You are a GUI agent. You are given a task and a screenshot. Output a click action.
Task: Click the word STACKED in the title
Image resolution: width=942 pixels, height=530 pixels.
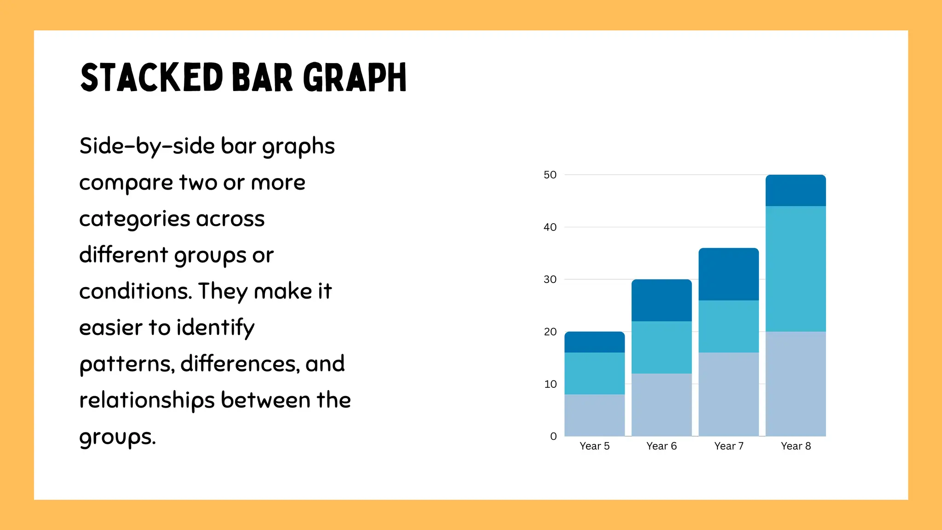[152, 77]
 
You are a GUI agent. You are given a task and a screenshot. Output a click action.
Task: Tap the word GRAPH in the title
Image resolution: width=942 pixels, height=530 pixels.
[355, 77]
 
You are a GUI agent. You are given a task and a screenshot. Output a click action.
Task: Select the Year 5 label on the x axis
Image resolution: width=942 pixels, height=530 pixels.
[594, 446]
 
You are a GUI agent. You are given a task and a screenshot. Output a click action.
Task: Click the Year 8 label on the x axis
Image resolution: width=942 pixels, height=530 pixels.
[796, 446]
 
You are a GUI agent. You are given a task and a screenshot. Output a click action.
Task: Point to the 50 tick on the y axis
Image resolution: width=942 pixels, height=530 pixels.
[550, 175]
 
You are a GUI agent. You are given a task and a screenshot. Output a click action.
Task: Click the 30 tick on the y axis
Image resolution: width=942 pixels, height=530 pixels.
[550, 279]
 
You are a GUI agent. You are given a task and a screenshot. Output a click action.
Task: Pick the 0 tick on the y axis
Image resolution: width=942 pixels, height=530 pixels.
[553, 436]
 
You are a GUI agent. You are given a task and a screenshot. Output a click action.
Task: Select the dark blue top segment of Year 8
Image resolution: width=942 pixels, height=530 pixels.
[796, 190]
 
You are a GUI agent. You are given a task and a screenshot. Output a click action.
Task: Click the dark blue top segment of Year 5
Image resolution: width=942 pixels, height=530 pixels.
[594, 342]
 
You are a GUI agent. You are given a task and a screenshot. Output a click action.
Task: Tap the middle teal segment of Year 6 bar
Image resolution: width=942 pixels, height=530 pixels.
[661, 347]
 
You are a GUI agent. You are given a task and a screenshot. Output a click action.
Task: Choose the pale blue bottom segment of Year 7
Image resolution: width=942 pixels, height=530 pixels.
[729, 394]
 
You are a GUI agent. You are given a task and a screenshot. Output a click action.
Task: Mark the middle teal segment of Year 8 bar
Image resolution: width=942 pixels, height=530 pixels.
[796, 269]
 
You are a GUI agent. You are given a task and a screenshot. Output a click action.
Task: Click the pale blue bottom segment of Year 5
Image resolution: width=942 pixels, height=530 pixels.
[594, 415]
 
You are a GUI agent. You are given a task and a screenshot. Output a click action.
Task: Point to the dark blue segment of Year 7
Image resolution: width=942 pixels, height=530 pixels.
[729, 274]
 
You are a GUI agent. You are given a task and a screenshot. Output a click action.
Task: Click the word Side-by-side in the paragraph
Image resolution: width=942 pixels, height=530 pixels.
[147, 146]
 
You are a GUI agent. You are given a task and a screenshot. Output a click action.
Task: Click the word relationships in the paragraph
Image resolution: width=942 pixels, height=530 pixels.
[147, 400]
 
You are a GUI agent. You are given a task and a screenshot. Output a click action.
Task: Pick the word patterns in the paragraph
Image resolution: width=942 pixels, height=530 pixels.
[126, 364]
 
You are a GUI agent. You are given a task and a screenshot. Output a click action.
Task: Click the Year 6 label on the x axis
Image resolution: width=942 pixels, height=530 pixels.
[661, 446]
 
